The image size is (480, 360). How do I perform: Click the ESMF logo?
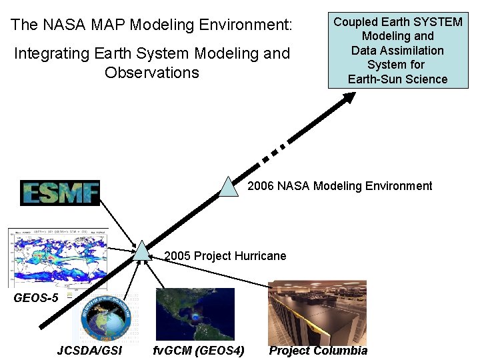point(60,193)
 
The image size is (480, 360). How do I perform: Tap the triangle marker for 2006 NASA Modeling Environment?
point(229,188)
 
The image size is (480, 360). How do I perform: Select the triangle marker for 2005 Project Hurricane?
point(142,251)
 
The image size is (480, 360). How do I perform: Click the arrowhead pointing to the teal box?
point(349,97)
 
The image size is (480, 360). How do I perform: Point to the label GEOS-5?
point(36,298)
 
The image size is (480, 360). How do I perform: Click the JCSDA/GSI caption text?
point(89,351)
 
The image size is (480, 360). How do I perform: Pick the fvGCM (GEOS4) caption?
point(199,351)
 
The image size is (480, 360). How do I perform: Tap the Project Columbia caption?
point(318,351)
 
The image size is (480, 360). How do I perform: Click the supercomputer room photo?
point(317,312)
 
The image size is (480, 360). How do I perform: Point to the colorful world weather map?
point(57,257)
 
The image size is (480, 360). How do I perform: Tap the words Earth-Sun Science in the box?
point(397,79)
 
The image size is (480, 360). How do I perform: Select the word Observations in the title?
point(152,72)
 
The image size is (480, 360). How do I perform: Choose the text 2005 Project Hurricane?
point(225,256)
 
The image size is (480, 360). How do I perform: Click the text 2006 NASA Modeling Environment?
point(340,186)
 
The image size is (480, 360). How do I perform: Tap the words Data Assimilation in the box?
point(397,51)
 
